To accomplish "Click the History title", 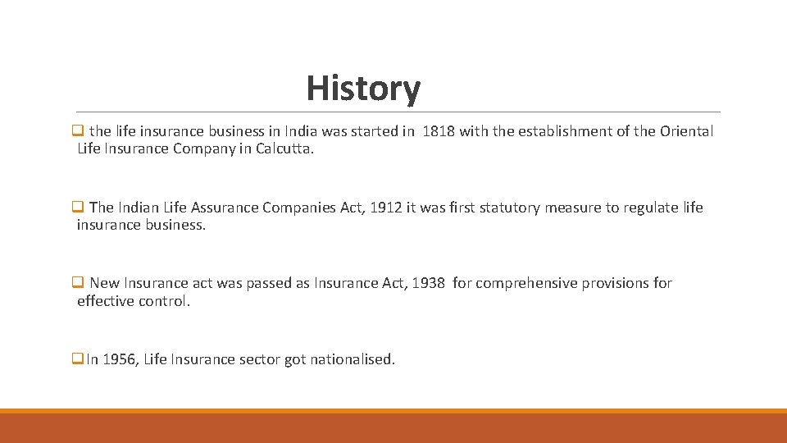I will pos(363,89).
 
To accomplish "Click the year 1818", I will pos(438,131).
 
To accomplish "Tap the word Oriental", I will pos(686,131).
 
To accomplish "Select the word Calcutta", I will pos(284,149).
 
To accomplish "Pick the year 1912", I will pos(386,208).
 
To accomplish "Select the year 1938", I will pos(428,283).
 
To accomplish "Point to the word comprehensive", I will pos(526,283).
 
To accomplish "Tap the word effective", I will pos(105,301).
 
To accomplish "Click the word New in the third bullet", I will pos(104,283).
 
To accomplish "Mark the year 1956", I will pos(121,359).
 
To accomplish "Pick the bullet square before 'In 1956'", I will pos(78,359).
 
